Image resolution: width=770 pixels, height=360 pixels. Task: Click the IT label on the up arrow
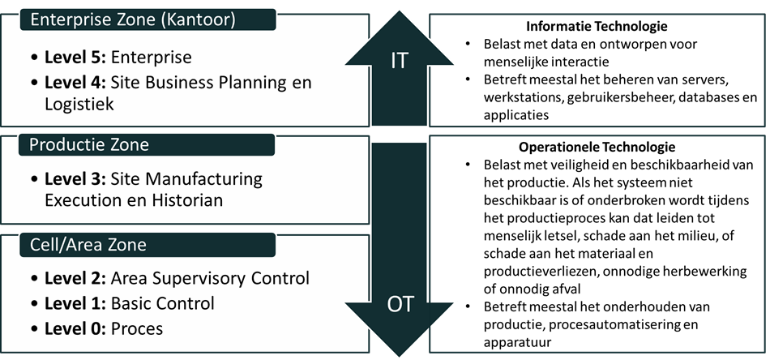(x=399, y=62)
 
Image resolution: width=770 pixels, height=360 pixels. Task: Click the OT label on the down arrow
(x=400, y=304)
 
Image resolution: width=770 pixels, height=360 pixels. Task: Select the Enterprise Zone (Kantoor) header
(x=133, y=20)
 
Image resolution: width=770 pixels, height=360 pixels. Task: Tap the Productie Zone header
(x=89, y=145)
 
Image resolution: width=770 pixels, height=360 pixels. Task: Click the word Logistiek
(x=79, y=104)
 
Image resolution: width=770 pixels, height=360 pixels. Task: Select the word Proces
(x=137, y=328)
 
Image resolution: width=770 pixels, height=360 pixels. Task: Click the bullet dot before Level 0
(x=33, y=328)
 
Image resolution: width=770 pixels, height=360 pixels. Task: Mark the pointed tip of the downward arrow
(x=400, y=357)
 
